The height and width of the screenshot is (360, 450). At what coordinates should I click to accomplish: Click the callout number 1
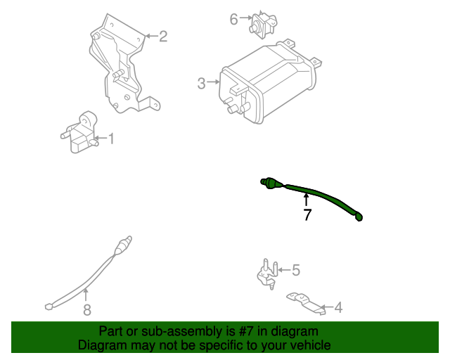click(110, 139)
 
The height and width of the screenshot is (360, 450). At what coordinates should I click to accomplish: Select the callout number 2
click(163, 35)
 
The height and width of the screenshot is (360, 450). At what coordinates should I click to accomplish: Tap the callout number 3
click(202, 84)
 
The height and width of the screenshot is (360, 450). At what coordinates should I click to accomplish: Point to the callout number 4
click(338, 307)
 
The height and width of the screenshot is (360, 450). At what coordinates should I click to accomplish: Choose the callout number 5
click(296, 269)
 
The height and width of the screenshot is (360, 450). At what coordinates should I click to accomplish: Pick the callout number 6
click(233, 19)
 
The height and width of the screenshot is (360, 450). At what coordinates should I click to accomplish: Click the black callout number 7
click(307, 215)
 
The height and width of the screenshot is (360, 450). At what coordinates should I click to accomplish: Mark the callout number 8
click(86, 309)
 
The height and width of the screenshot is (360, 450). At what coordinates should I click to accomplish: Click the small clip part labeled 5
click(266, 274)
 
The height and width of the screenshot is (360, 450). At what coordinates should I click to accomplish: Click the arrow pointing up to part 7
click(306, 200)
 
